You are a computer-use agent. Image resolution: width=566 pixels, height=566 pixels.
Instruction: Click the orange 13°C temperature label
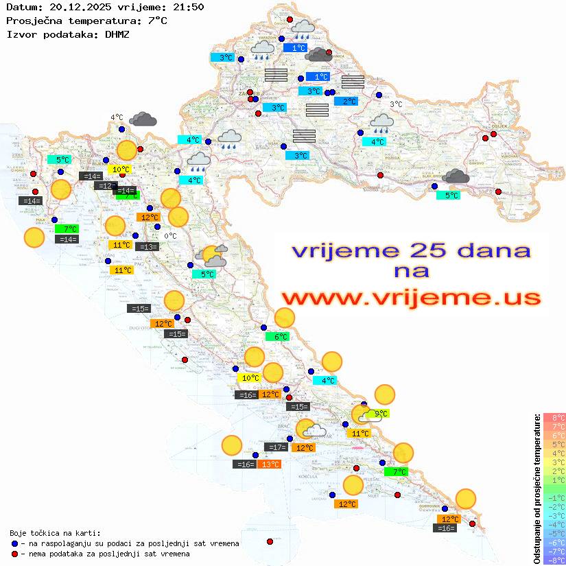pos(270,464)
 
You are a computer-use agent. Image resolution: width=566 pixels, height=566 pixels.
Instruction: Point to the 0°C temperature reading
pos(170,236)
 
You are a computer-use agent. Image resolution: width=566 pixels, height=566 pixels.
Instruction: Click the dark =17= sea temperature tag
pos(276,447)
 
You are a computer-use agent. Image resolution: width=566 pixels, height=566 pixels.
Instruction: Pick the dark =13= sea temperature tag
pos(147,247)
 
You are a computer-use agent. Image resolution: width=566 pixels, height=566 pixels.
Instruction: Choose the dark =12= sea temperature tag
pos(106,186)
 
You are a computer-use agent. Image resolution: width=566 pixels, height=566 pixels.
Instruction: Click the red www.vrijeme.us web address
pos(411,298)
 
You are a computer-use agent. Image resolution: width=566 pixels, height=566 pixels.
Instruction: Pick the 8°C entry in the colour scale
pos(556,418)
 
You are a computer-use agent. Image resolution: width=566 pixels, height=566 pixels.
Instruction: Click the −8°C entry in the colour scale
pos(555,561)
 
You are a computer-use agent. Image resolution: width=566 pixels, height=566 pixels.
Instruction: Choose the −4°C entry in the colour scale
pos(555,525)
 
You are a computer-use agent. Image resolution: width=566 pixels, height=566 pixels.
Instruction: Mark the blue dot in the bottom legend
pos(15,543)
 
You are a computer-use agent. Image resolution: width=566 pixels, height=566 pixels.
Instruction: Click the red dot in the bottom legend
pos(15,554)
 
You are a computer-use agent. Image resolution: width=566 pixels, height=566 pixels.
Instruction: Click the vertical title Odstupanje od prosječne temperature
pos(537,488)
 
